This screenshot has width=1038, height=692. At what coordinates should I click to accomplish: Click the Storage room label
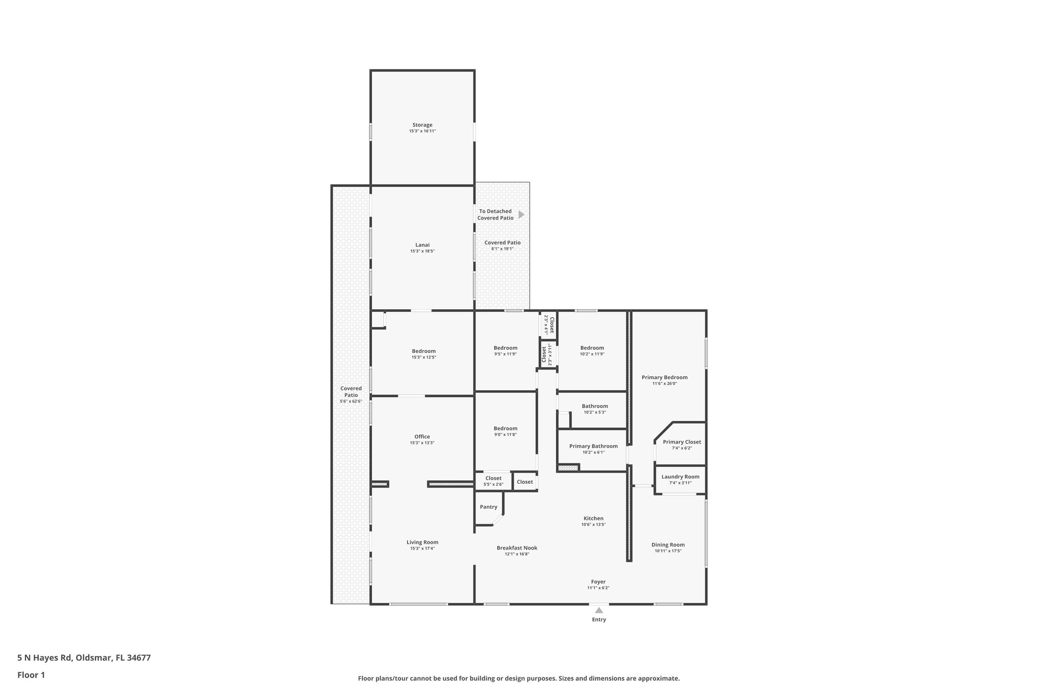click(x=422, y=125)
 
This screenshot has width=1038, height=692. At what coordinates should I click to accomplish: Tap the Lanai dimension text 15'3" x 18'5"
click(x=422, y=251)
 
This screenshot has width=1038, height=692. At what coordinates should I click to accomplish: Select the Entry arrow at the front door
click(x=599, y=610)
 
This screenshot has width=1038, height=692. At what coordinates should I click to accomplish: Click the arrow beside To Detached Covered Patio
click(x=521, y=215)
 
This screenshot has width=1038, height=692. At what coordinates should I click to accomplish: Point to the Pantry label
click(x=489, y=507)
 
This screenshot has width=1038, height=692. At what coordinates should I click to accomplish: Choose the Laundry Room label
click(x=680, y=477)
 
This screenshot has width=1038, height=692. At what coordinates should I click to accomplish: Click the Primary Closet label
click(x=682, y=442)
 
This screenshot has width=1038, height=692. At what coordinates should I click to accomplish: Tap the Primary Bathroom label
click(x=593, y=446)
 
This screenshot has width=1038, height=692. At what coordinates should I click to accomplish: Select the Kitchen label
click(x=594, y=518)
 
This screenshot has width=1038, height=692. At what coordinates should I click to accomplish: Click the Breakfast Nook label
click(x=516, y=548)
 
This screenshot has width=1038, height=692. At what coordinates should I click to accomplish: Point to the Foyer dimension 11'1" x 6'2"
click(x=598, y=588)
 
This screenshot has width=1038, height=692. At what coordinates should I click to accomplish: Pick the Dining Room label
click(x=668, y=545)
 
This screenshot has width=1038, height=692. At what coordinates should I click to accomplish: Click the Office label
click(x=422, y=436)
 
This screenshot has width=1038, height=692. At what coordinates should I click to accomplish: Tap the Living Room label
click(x=422, y=542)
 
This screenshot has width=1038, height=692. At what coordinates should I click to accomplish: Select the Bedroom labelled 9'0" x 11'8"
click(x=506, y=428)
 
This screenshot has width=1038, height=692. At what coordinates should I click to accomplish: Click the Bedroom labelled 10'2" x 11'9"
click(x=592, y=348)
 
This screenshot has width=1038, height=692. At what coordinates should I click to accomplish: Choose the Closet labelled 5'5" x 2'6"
click(x=493, y=478)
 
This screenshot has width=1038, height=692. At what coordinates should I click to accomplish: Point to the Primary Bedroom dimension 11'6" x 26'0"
click(x=664, y=384)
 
